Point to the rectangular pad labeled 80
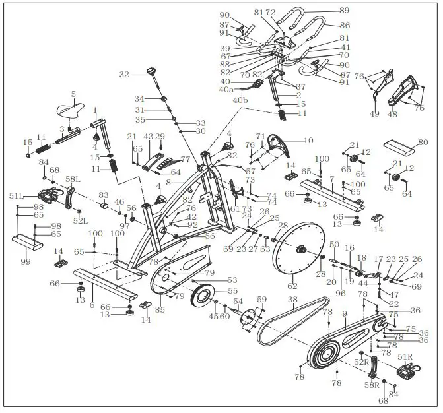pyautogui.click(x=402, y=146)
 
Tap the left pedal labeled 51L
pyautogui.click(x=52, y=196)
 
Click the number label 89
pyautogui.click(x=343, y=10)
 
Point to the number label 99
pyautogui.click(x=25, y=262)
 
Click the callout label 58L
pyautogui.click(x=73, y=179)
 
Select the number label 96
pyautogui.click(x=340, y=293)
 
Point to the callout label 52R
pyautogui.click(x=361, y=362)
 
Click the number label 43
pyautogui.click(x=148, y=137)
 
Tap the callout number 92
pyautogui.click(x=192, y=224)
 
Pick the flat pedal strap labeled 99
pyautogui.click(x=30, y=242)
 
